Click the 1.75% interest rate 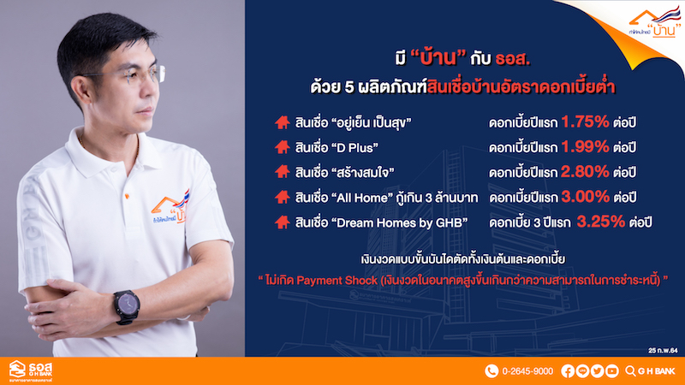coord(585,121)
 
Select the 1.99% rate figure coord(585,146)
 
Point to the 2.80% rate coord(585,172)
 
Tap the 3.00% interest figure coord(586,197)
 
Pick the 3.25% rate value coord(601,222)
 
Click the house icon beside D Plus coord(283,147)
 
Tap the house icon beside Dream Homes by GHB coord(283,222)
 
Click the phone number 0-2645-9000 coord(527,371)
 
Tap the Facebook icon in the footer coord(568,371)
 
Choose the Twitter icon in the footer coord(597,371)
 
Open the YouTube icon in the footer coord(611,371)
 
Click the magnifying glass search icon coord(630,371)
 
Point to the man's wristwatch coord(126,307)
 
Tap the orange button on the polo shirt coord(127,196)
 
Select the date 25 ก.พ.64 coord(663,351)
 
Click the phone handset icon coord(491,371)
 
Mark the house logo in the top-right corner coord(654,22)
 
